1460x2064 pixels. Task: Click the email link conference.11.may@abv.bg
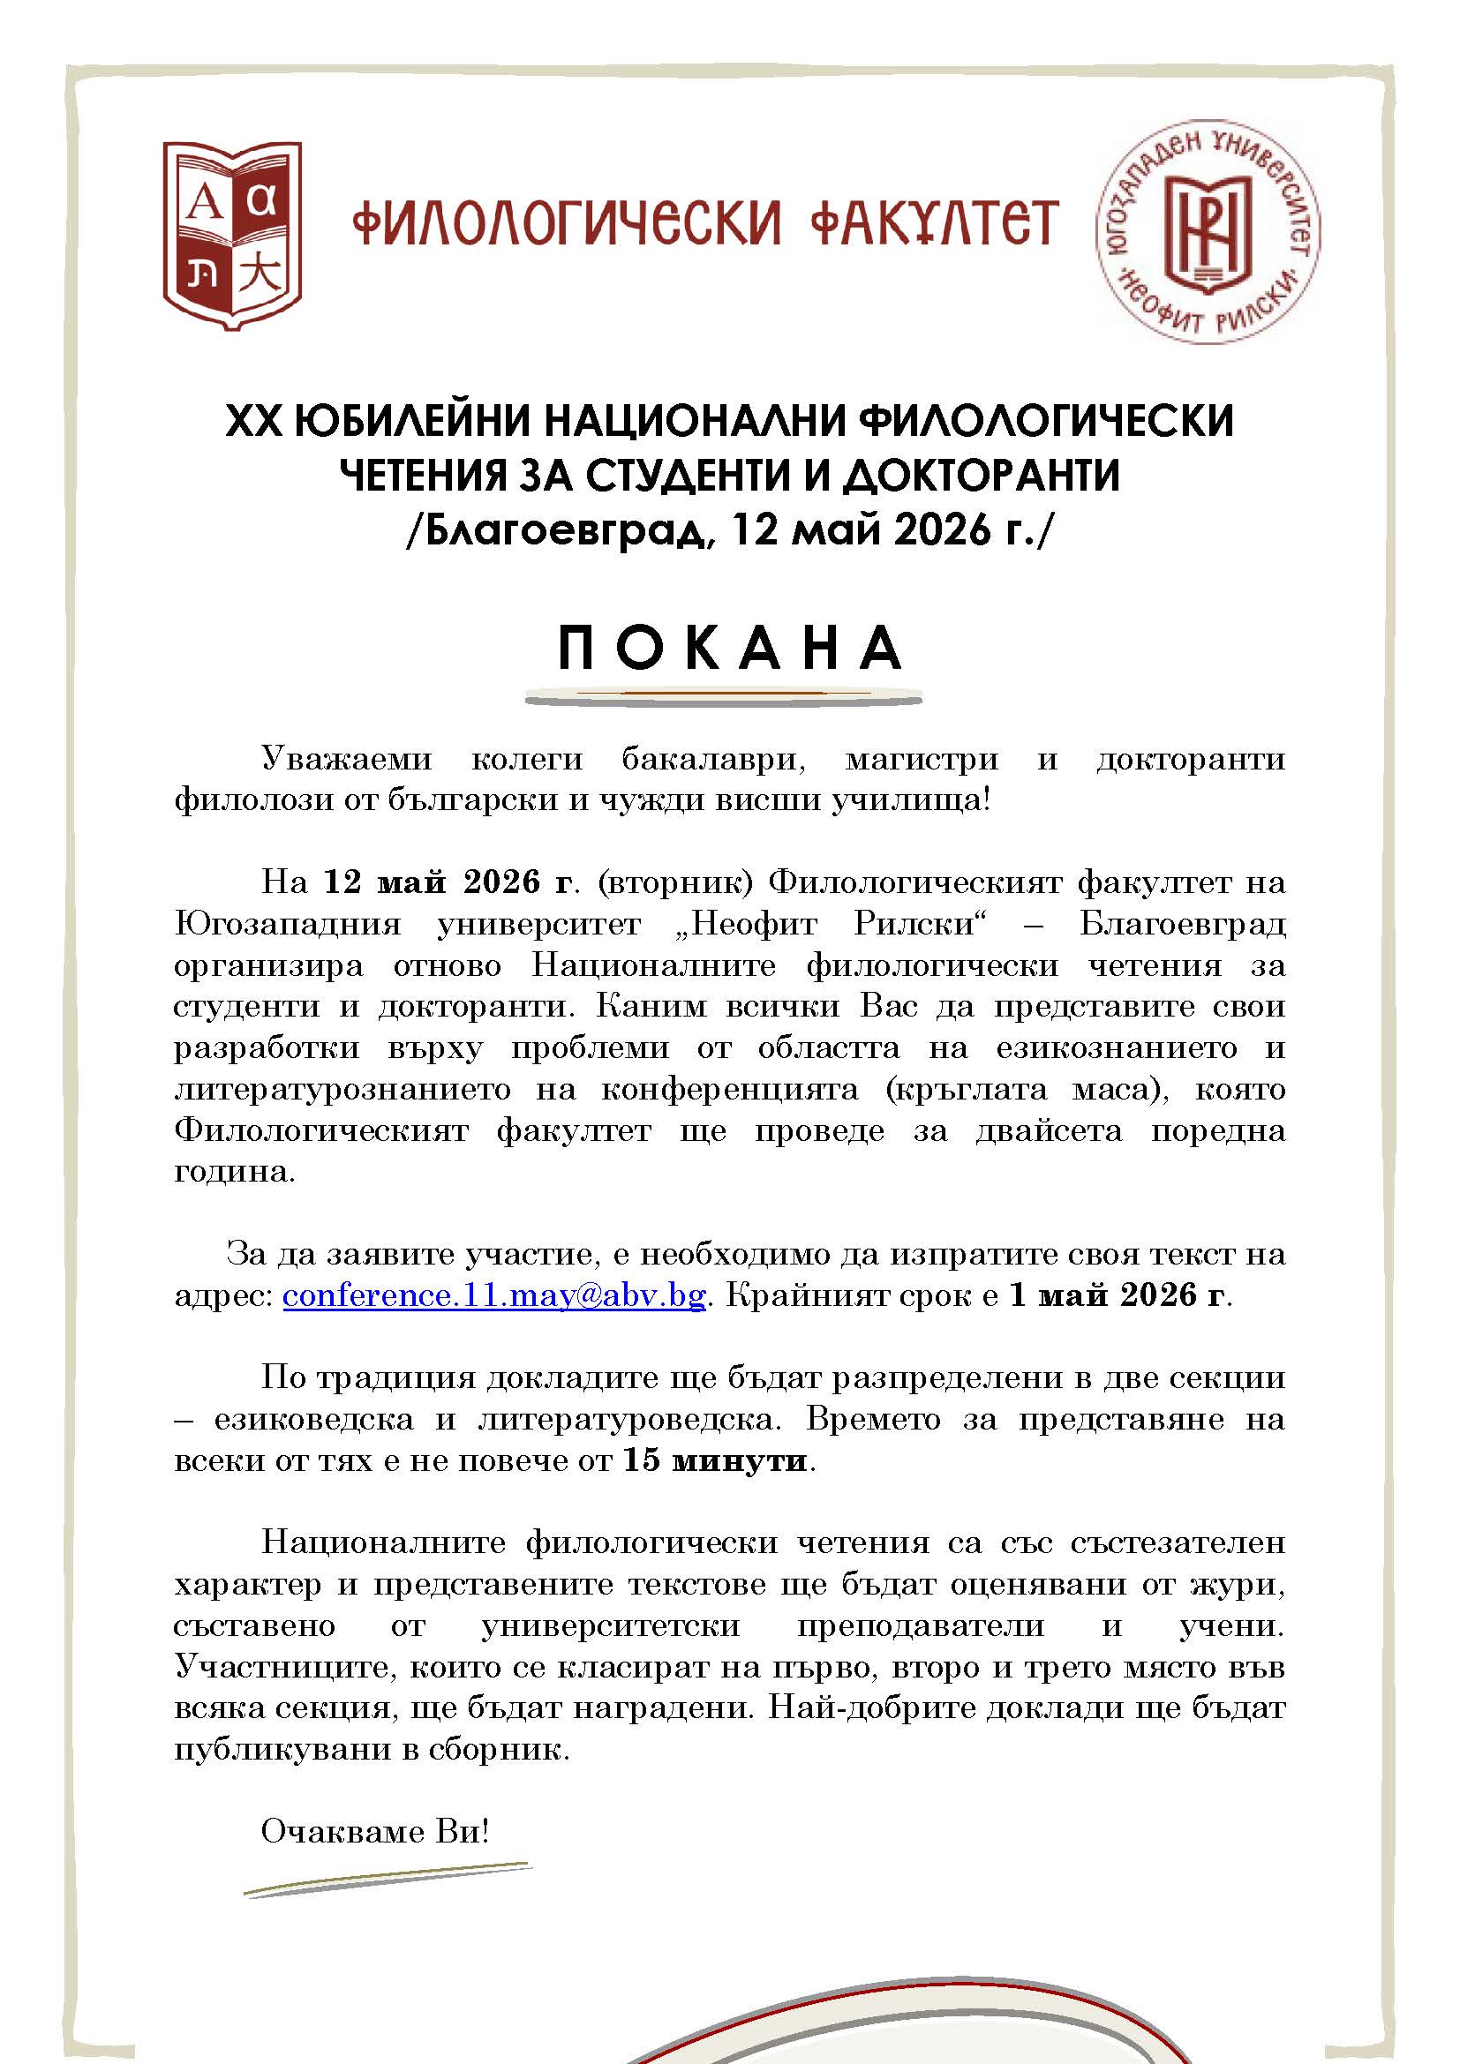tap(493, 1295)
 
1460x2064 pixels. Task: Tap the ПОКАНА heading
tap(730, 649)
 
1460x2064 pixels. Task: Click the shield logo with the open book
tap(232, 236)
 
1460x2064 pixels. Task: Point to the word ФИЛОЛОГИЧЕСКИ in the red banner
tap(566, 223)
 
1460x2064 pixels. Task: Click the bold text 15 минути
tap(716, 1460)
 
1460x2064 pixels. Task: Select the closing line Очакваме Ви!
tap(375, 1831)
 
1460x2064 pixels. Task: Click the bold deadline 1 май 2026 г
tap(1118, 1295)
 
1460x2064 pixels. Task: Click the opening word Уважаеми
tap(347, 759)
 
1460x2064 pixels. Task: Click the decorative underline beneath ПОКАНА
tap(724, 694)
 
